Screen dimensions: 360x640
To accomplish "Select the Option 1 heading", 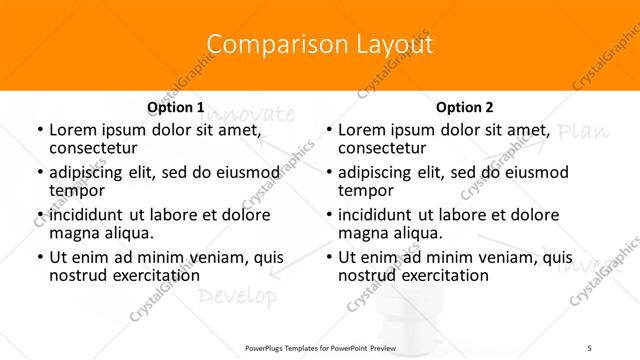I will pyautogui.click(x=175, y=107).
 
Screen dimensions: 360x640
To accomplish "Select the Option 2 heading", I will pyautogui.click(x=464, y=107).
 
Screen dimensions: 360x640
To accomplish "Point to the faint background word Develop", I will pyautogui.click(x=236, y=296).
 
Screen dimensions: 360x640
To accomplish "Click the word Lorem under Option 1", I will pyautogui.click(x=72, y=130).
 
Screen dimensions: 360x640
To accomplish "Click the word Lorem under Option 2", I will pyautogui.click(x=361, y=130).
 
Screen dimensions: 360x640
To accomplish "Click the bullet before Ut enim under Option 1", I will pyautogui.click(x=39, y=257).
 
